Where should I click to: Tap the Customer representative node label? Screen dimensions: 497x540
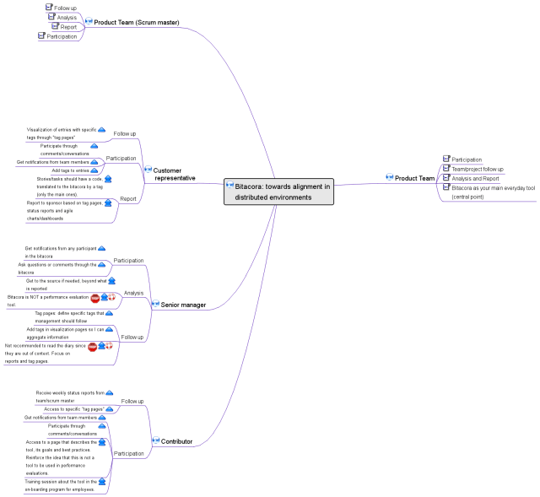click(x=175, y=174)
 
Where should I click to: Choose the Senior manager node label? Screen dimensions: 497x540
click(x=183, y=304)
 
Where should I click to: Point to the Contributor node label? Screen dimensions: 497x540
click(x=176, y=441)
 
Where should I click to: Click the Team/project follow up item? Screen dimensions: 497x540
click(x=478, y=169)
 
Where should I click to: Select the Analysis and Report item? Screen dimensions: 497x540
click(x=475, y=178)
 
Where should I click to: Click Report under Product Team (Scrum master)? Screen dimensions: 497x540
click(x=68, y=27)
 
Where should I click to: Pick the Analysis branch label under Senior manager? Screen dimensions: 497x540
click(x=133, y=294)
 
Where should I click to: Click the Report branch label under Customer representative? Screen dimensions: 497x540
click(x=128, y=199)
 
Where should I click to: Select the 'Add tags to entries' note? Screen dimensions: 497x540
click(x=64, y=170)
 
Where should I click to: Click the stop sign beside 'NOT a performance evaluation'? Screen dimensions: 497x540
click(x=94, y=298)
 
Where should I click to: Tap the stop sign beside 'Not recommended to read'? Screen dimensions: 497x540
click(x=92, y=346)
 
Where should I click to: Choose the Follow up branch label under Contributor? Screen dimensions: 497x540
click(x=132, y=401)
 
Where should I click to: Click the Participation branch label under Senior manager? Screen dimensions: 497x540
click(x=128, y=261)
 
